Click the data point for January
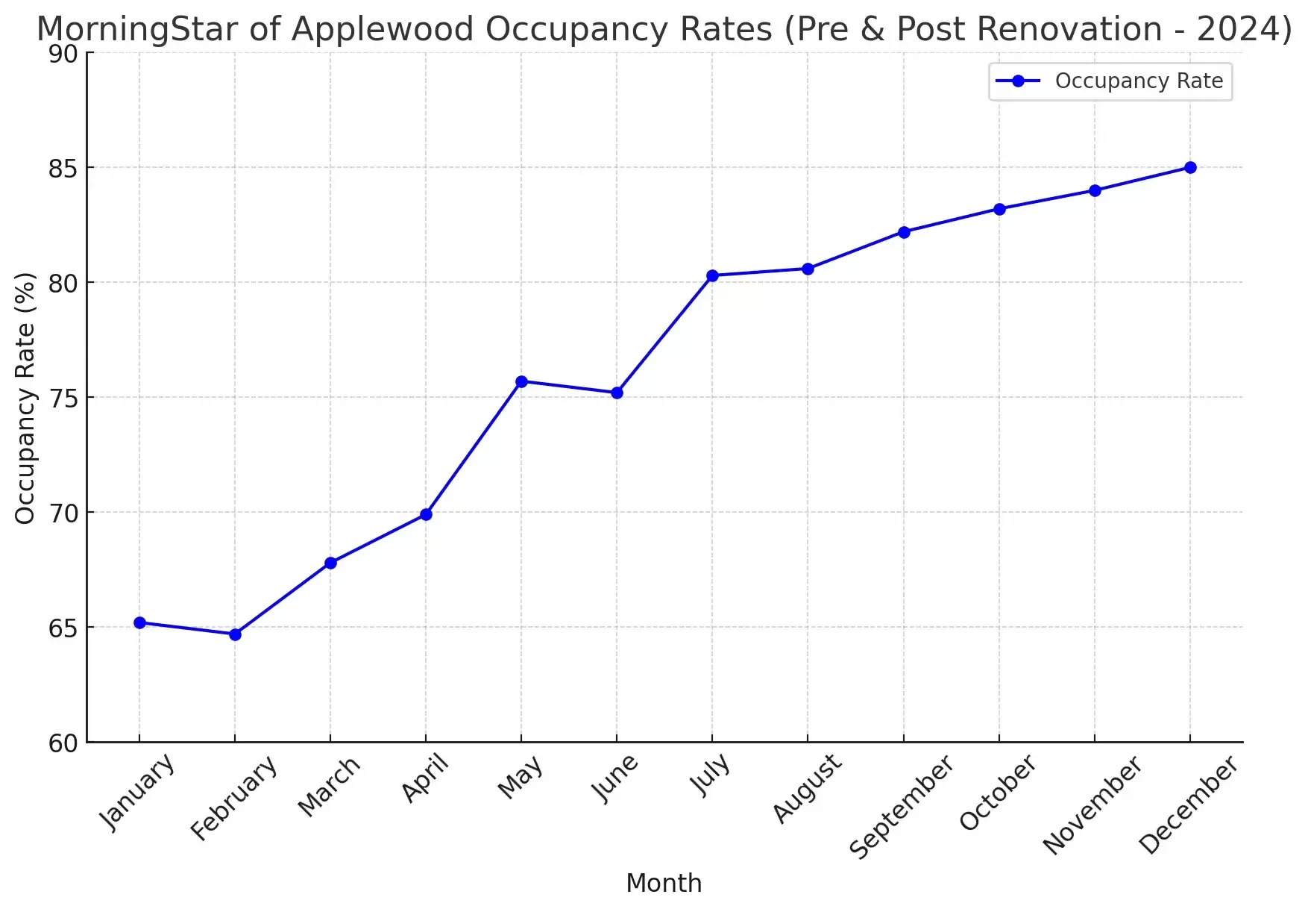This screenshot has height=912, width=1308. point(139,622)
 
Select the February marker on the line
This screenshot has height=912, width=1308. point(235,634)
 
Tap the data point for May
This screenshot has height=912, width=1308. point(521,381)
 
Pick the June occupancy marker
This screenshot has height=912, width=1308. point(617,393)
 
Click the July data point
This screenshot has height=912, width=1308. point(712,275)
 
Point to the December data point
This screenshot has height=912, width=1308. point(1190,167)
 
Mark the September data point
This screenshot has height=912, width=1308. point(904,232)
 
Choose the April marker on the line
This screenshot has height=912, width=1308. point(426,514)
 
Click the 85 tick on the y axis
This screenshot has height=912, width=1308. point(63,169)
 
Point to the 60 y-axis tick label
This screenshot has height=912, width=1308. point(63,743)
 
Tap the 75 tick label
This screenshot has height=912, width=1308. point(63,399)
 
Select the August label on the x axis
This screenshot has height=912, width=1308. point(807,788)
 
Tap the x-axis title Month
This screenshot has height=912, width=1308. point(664,883)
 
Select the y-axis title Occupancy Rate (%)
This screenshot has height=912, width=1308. point(25,398)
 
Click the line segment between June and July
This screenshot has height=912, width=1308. point(664,334)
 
